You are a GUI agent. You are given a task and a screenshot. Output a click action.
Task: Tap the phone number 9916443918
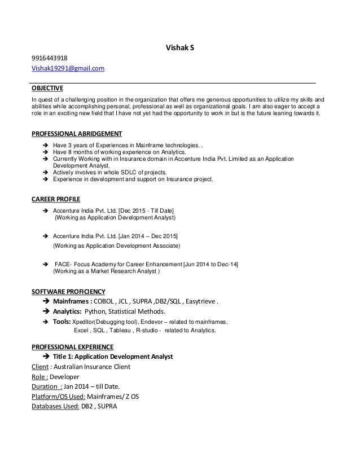click(49, 58)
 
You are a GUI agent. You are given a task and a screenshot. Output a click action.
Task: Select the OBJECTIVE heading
click(47, 88)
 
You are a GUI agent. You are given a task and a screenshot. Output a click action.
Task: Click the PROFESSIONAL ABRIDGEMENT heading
click(76, 133)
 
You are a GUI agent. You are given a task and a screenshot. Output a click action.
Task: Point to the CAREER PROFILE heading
click(56, 199)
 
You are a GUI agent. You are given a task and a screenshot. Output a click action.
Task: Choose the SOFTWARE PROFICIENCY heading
click(68, 291)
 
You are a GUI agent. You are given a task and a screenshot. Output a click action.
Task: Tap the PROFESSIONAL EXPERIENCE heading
click(72, 346)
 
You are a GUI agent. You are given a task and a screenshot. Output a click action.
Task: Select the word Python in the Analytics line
click(96, 311)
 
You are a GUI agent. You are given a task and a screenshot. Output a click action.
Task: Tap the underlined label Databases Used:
click(55, 408)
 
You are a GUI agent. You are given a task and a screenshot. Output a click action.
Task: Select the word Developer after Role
click(65, 377)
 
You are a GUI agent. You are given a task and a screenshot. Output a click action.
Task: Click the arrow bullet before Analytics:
click(46, 311)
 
